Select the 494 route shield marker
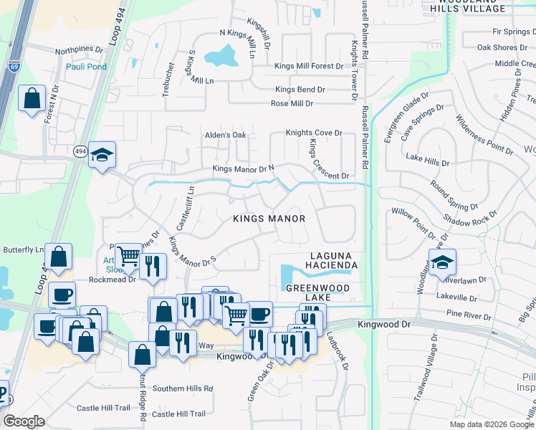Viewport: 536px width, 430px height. click(80, 150)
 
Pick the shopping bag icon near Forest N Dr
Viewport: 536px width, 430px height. click(32, 99)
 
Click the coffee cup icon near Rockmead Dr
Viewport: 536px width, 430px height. click(62, 295)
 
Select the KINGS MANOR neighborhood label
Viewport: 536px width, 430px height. click(269, 219)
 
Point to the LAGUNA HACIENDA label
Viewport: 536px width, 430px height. click(333, 260)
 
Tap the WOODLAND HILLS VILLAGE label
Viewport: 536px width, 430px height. click(466, 6)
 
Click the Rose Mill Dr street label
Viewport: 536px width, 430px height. click(292, 103)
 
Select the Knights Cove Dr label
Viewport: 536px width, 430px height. click(314, 133)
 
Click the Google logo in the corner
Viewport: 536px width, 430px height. click(24, 421)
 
